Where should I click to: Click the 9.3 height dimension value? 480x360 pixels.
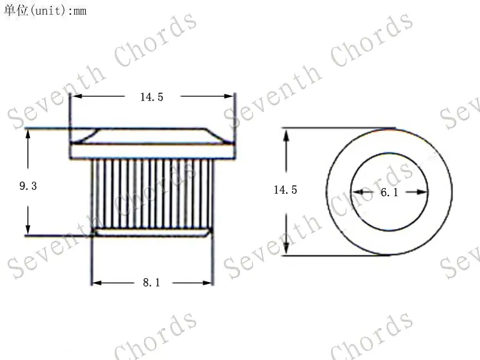click(28, 186)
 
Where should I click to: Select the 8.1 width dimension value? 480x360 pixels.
click(152, 283)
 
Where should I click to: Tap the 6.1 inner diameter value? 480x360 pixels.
click(389, 192)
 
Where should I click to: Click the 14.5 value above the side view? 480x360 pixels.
click(152, 97)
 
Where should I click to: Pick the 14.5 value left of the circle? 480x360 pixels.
click(285, 190)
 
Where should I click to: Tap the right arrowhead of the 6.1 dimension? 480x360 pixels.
click(422, 192)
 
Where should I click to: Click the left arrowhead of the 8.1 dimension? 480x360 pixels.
click(97, 283)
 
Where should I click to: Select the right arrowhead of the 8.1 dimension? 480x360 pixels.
click(207, 283)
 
